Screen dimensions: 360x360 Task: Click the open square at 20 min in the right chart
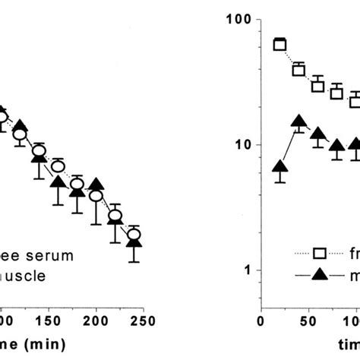[279, 44]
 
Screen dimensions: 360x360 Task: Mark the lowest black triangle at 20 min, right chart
[279, 168]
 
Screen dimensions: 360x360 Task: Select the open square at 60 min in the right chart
[317, 86]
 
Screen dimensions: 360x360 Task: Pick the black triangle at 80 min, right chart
[336, 146]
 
